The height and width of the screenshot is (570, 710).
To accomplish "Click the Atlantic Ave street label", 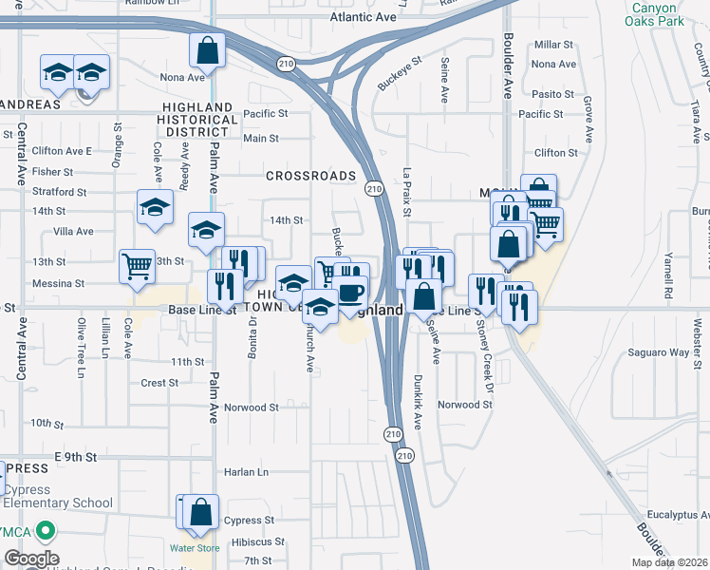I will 362,17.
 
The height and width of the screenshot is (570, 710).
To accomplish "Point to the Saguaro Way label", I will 658,352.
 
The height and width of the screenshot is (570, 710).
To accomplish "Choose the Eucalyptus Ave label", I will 670,515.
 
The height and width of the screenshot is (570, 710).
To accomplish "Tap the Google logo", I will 30,559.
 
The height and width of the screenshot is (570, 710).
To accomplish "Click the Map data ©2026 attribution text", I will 668,562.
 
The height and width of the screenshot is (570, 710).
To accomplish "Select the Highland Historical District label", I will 197,120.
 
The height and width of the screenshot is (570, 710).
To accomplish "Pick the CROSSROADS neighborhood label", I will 310,176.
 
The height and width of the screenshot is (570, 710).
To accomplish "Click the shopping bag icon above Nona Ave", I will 207,49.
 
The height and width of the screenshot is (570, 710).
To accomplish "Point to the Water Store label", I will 195,548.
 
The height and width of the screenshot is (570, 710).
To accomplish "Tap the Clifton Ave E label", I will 62,151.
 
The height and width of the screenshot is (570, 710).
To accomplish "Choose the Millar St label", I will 554,45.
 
